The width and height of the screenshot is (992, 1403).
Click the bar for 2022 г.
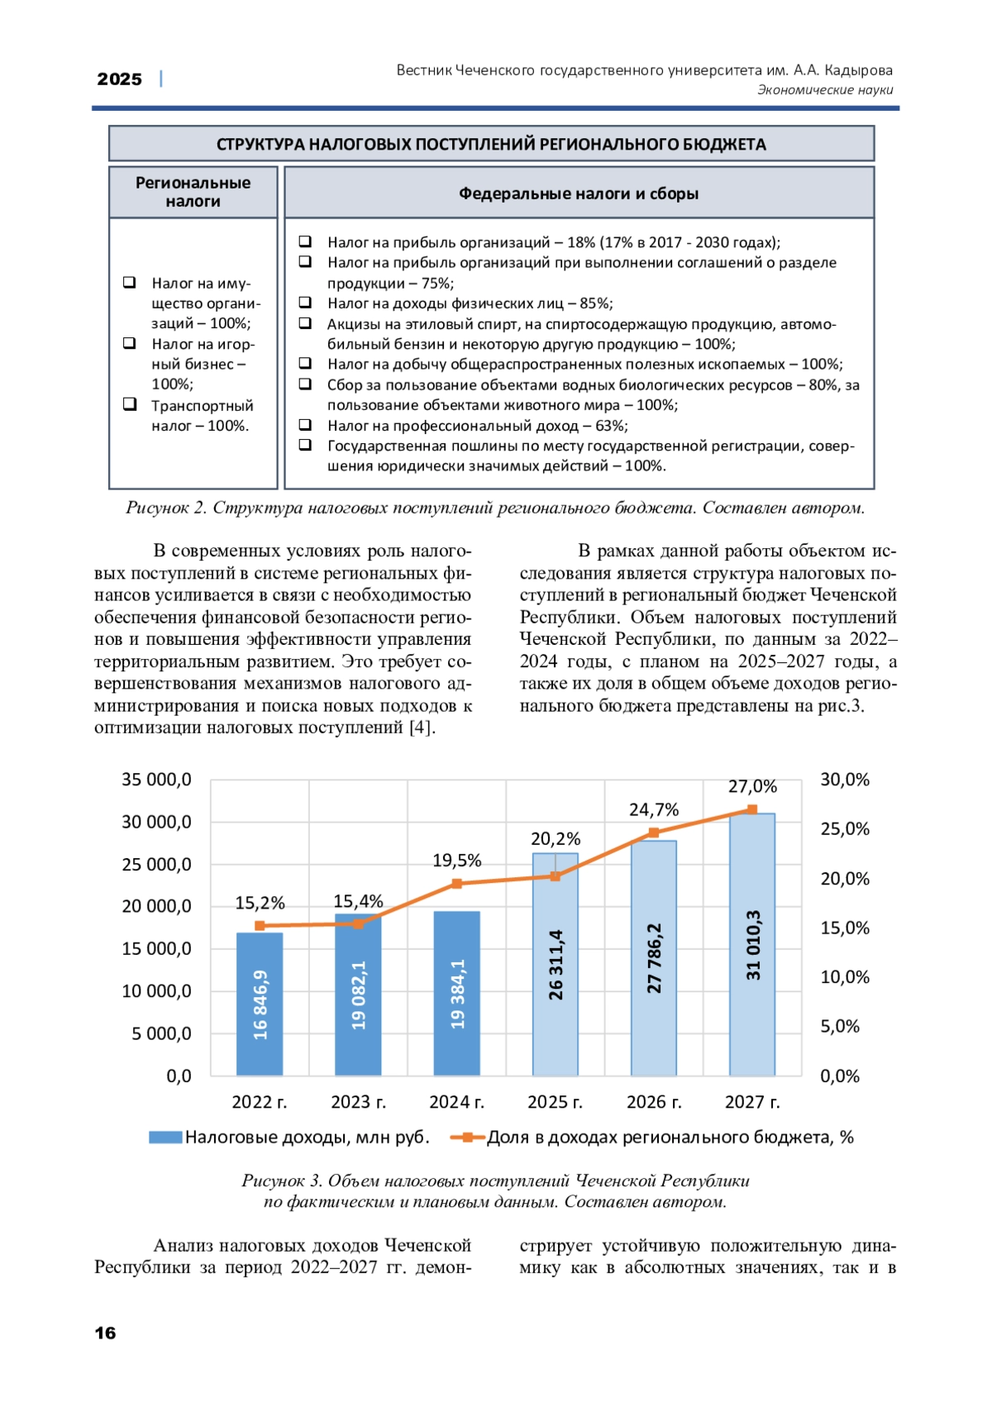[260, 1004]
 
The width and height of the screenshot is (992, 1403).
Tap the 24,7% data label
[654, 809]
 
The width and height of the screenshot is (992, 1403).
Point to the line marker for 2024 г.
[457, 884]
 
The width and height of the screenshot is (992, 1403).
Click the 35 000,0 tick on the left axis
[156, 780]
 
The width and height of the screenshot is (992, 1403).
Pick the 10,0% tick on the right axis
[845, 977]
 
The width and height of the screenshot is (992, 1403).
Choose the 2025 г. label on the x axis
[555, 1102]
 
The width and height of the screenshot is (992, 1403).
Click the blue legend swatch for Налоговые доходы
[165, 1138]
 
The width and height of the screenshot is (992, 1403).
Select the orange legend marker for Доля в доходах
[468, 1138]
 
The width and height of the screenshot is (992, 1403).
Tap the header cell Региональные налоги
[193, 192]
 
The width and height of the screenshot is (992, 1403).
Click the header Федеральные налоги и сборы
[579, 193]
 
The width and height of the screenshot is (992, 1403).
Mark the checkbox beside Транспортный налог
[130, 404]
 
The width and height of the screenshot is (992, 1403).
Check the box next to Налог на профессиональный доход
[305, 425]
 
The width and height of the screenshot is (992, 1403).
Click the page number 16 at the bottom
[106, 1333]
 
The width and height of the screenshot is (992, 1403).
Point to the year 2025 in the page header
[120, 79]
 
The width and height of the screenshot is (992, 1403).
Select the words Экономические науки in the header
[825, 90]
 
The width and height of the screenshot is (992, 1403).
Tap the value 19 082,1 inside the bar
[359, 995]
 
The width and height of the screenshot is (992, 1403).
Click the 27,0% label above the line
[752, 786]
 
